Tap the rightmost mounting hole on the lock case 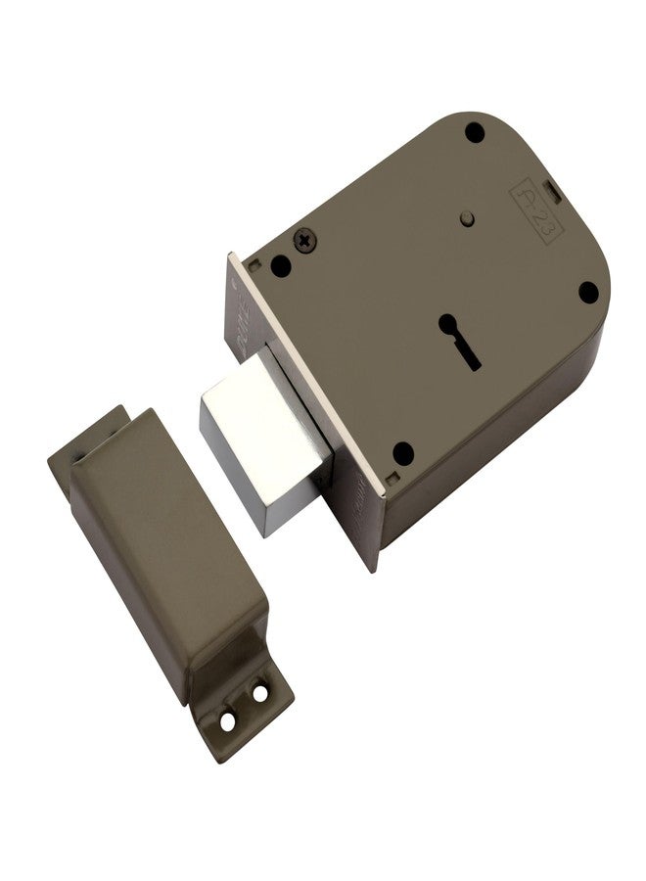click(587, 292)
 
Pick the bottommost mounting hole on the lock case click(402, 453)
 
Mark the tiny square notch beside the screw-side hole click(254, 262)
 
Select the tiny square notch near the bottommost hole click(392, 480)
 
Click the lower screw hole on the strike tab click(228, 721)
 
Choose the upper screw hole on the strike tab click(259, 693)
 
